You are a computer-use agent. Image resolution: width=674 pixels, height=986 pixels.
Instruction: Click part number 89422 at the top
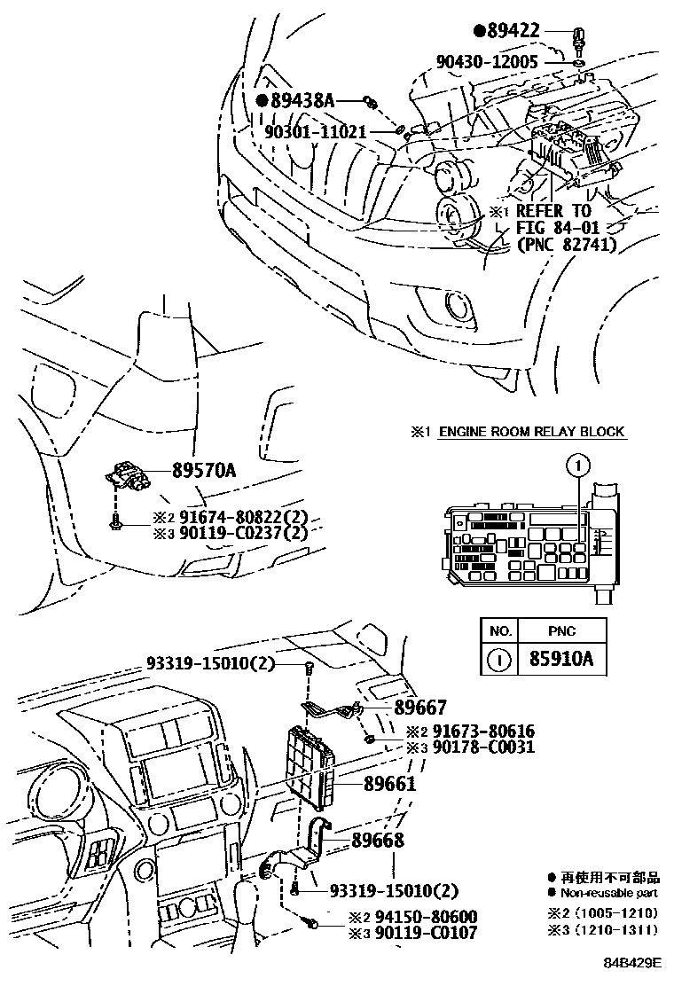coord(526,32)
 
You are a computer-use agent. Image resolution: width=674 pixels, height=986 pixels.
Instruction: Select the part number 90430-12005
coord(498,61)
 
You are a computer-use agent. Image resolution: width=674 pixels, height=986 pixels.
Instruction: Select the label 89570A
coord(192,472)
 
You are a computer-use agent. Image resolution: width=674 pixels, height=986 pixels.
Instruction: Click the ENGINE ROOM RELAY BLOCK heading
coord(529,432)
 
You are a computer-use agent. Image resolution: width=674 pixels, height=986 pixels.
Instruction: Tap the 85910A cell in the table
coord(561,661)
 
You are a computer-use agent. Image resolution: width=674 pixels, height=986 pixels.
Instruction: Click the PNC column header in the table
coord(561,631)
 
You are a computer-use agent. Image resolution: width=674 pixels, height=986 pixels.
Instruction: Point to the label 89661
coord(389,784)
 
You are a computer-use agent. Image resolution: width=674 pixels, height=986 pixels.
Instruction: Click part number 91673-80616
coord(483,732)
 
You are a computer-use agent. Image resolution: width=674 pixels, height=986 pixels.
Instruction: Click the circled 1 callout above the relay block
coord(577,464)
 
